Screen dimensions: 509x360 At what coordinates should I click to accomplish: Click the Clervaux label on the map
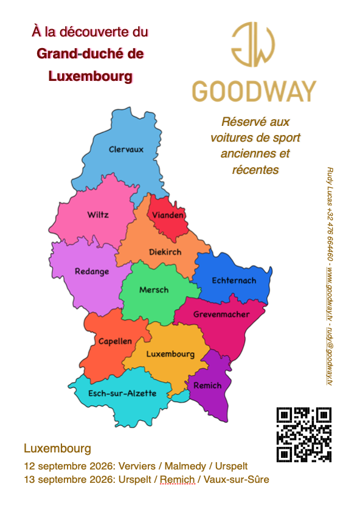126,150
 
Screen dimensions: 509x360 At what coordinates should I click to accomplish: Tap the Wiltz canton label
98,215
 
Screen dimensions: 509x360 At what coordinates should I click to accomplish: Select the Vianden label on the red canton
168,216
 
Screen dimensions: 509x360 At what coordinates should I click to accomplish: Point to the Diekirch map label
165,252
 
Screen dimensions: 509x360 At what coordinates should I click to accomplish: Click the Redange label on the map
92,271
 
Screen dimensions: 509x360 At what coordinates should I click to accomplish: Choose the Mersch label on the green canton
154,290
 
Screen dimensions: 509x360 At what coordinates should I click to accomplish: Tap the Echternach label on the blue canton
234,280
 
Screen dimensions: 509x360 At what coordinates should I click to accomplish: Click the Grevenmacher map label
221,314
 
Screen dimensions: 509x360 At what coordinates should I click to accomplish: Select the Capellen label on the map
115,342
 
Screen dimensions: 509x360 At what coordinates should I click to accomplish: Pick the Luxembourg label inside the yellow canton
171,354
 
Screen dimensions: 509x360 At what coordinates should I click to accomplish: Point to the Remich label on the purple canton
207,386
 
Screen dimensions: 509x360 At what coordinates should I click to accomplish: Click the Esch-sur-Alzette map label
122,393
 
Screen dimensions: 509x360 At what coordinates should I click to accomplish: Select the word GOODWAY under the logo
254,91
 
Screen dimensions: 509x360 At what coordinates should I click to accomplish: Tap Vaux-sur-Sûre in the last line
236,480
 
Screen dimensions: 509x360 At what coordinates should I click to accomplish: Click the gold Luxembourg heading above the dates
57,449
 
